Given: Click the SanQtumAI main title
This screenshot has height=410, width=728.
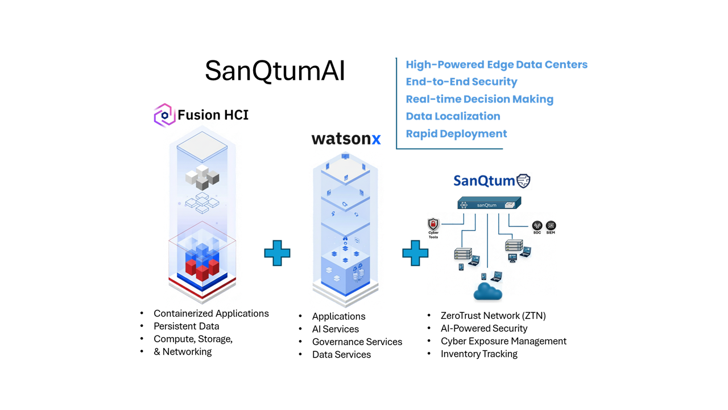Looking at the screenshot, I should pos(275,71).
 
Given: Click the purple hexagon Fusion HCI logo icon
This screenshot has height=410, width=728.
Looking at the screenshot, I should pos(164,115).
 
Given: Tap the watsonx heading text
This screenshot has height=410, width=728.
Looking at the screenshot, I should pos(346,138).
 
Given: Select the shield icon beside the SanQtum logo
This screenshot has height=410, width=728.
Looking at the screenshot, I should pos(523,181).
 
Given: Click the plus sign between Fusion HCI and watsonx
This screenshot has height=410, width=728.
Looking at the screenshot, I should pos(277,253).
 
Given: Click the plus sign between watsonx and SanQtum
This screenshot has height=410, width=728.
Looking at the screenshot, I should pos(415,253).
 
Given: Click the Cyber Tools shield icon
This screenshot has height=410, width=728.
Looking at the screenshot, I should pos(433,224).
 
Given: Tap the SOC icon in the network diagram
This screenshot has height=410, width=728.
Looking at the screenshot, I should pos(537,225).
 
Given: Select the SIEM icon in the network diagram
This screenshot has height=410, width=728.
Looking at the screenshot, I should pos(551,225).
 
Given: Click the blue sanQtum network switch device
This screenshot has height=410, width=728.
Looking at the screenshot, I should pos(489,204).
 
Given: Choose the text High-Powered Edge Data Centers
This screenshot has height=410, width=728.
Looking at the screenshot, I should pos(497,64).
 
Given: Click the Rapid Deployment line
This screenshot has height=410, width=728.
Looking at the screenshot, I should pos(456,134).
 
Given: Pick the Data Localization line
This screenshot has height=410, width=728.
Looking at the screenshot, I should pos(453,116).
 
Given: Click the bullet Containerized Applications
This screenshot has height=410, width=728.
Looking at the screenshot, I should pos(211,313).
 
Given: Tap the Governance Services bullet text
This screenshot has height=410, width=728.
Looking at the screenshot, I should pos(357,342).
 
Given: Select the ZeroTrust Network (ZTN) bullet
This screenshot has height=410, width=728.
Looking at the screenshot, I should pos(493,315).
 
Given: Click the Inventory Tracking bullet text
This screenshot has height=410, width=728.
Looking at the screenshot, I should pos(479,354).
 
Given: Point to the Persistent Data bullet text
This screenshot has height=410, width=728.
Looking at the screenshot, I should pos(186,326).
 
